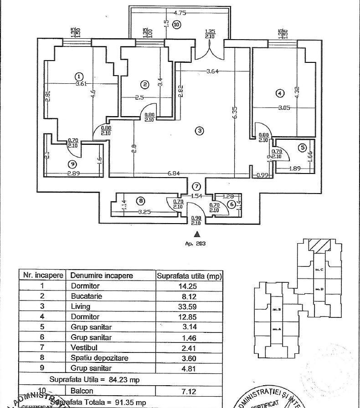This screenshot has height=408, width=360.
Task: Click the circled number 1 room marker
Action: (79, 76)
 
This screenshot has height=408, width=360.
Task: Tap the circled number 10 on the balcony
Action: (176, 25)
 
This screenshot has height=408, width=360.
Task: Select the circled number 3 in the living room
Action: (199, 131)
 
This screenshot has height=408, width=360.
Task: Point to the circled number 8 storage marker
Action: (140, 200)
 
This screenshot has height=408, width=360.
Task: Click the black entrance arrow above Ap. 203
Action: (197, 234)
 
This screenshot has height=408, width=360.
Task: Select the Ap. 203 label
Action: (195, 244)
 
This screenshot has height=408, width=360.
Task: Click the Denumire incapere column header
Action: (102, 275)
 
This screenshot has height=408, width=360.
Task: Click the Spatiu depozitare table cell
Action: (99, 358)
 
